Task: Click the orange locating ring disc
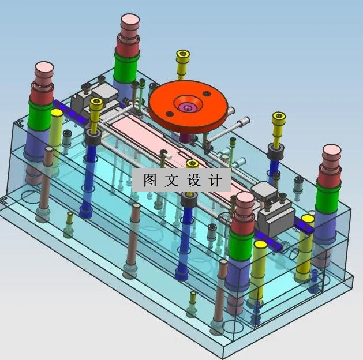pos(167,104)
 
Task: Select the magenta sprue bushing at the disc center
pos(187,107)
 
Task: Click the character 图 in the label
pos(150,180)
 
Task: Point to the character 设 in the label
pos(193,180)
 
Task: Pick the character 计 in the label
pos(215,180)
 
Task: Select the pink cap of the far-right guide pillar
pos(332,154)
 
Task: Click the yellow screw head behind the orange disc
pos(183,55)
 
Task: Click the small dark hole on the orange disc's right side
pos(206,94)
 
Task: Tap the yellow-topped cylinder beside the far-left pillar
pos(56,115)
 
